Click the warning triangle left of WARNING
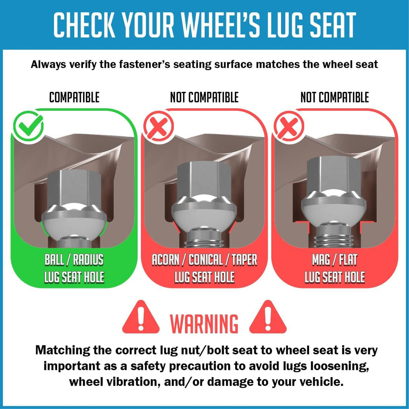[141, 317]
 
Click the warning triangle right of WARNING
[268, 317]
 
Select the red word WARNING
[204, 324]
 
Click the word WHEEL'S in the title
[221, 25]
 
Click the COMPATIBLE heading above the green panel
[74, 97]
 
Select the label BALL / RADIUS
[74, 260]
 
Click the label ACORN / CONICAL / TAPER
[204, 260]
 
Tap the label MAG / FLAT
[335, 260]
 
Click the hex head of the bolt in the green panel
[74, 189]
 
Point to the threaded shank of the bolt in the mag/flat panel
[335, 236]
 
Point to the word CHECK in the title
[85, 25]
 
